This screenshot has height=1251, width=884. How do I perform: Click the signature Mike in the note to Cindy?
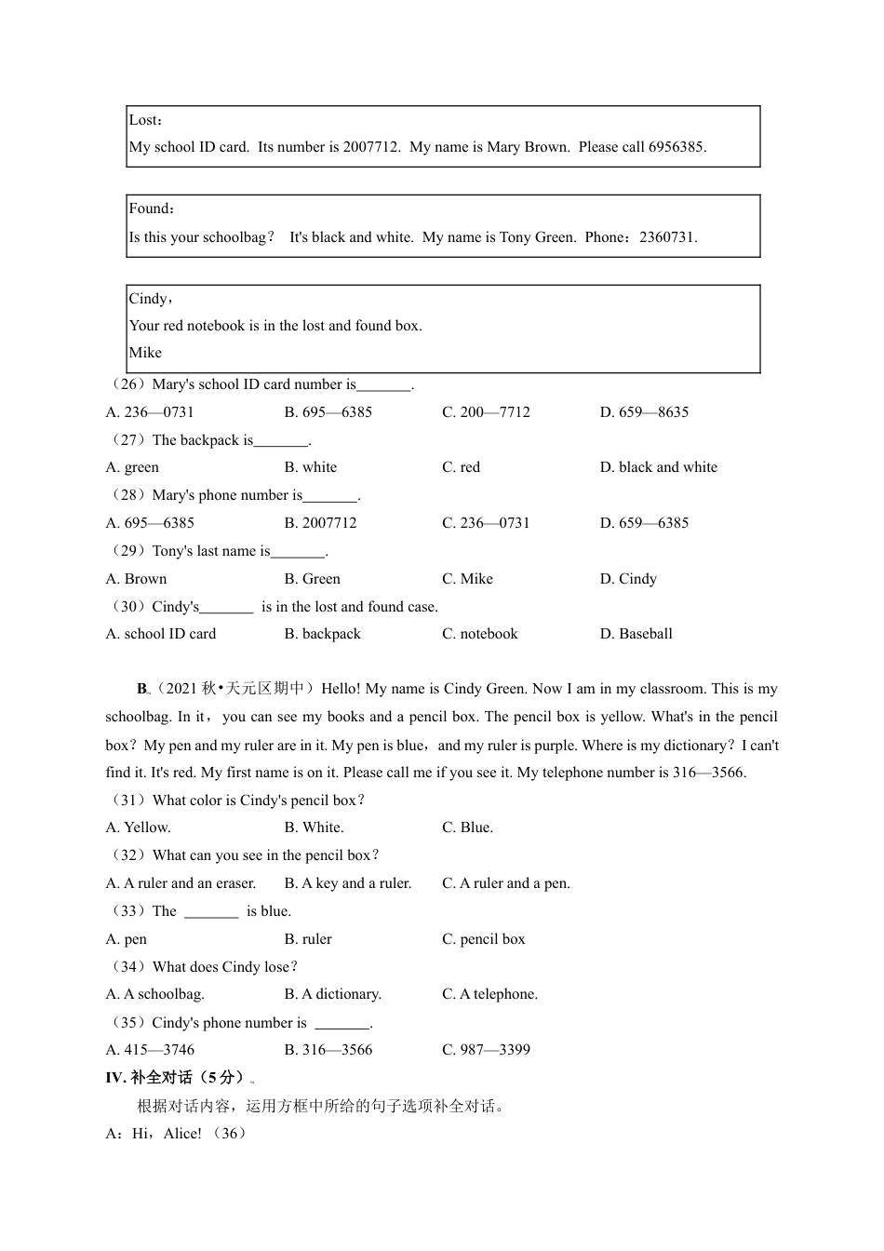coord(145,353)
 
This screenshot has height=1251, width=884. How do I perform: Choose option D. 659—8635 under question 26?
coord(644,412)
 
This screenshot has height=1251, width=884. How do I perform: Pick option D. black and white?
coord(659,467)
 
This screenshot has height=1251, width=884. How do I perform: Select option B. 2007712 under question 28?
coord(320,523)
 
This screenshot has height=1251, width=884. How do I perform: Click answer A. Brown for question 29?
coord(136,579)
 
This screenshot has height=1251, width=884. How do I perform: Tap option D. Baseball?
coord(636,634)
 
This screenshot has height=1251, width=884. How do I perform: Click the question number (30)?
coord(128,607)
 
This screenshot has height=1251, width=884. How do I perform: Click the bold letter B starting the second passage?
coord(142,690)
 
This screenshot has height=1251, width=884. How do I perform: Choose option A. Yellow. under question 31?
coord(138,827)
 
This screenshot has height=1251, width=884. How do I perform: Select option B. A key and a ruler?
coord(347,883)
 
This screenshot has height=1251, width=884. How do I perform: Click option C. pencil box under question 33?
coord(483,939)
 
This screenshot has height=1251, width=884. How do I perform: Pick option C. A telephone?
coord(489,994)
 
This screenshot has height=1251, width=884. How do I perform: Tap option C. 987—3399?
coord(486,1050)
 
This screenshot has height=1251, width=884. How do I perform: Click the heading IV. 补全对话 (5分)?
coord(176,1078)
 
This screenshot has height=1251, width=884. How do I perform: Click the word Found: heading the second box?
coord(152,209)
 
